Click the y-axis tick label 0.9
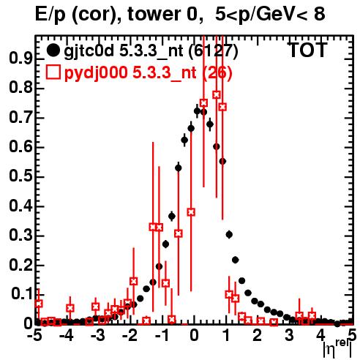point(20,59)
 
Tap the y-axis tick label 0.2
point(20,265)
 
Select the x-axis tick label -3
point(98,335)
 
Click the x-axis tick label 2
point(257,335)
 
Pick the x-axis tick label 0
point(194,335)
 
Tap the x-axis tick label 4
point(320,335)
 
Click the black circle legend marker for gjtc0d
point(53,50)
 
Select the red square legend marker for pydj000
point(53,72)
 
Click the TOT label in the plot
point(307,50)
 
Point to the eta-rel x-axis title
point(337,349)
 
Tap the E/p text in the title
point(50,15)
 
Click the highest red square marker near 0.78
point(217,94)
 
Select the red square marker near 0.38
point(191,212)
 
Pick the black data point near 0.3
point(229,235)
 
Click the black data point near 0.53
point(179,168)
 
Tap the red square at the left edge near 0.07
point(39,304)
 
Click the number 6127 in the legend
point(212,50)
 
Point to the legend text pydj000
point(96,72)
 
